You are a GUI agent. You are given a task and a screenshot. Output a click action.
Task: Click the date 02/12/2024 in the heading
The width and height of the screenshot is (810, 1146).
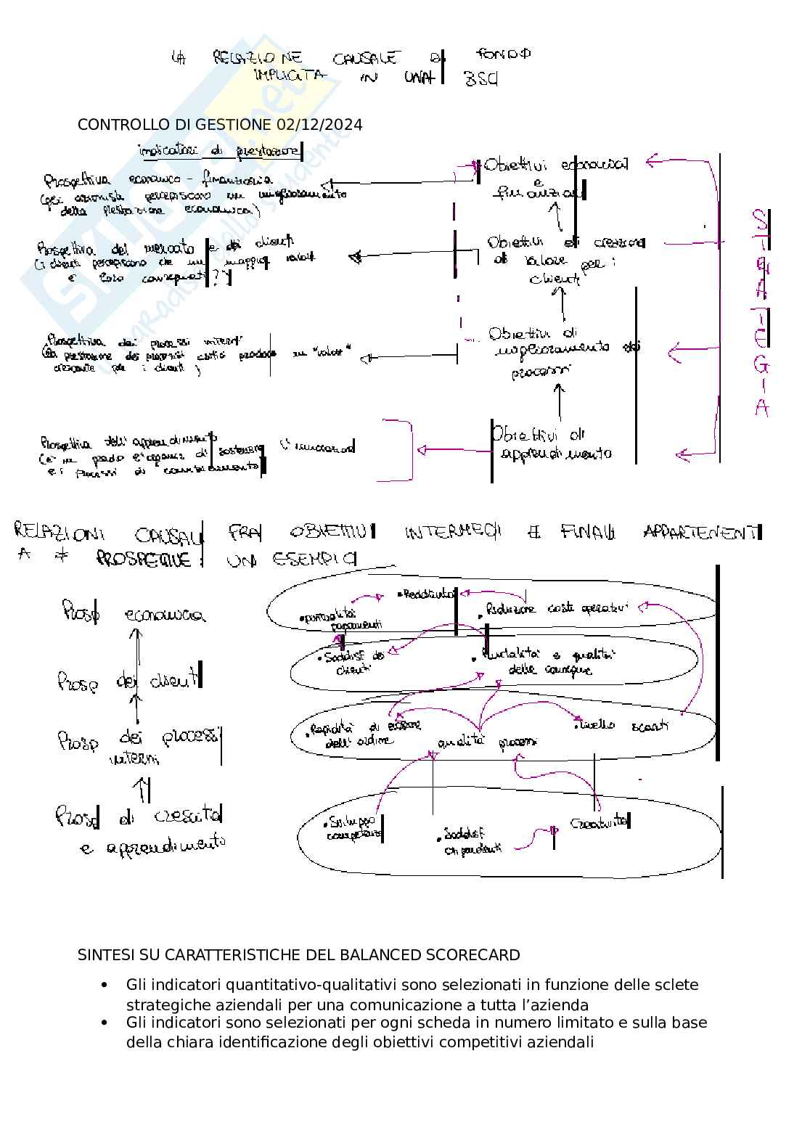click(319, 125)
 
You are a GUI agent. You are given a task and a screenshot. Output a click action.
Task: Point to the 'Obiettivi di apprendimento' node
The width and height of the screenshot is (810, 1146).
click(552, 443)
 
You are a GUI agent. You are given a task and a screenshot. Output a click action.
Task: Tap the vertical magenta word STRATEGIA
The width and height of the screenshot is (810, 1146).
click(760, 313)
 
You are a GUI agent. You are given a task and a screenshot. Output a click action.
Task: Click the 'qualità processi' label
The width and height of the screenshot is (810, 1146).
click(487, 742)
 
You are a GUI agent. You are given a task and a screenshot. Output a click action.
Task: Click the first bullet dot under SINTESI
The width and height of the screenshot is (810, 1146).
click(105, 986)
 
